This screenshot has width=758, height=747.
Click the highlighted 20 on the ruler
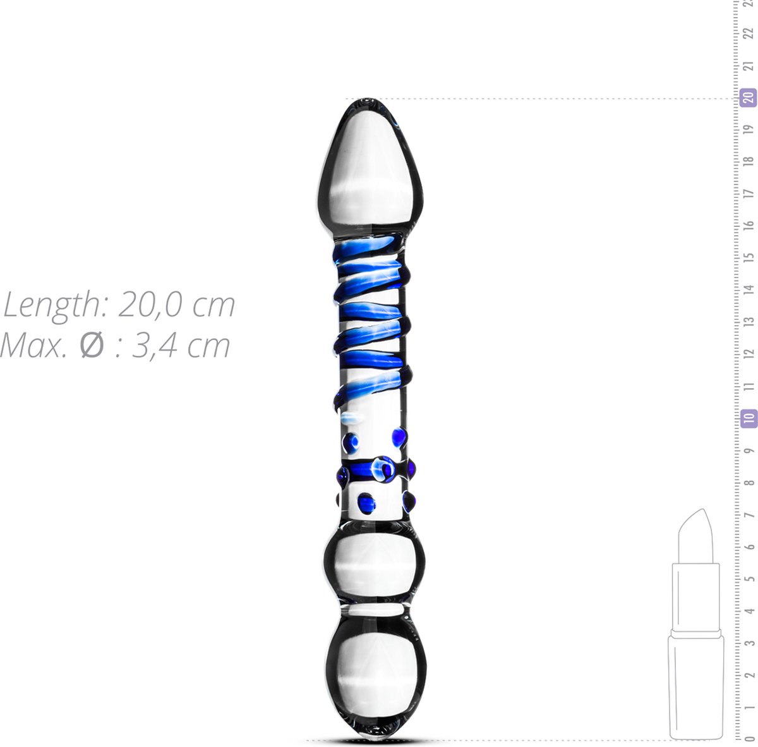[749, 98]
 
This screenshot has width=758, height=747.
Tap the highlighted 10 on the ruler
[749, 418]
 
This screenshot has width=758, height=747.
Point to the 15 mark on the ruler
[750, 258]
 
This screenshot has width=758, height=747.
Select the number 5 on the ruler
[750, 578]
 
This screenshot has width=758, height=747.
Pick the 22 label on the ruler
[750, 33]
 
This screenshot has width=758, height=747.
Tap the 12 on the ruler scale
[750, 354]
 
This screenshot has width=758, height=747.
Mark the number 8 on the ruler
[750, 482]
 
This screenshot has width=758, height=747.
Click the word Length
[51, 306]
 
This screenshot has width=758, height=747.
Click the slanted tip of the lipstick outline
[695, 531]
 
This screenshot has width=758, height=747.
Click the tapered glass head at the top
[370, 171]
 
